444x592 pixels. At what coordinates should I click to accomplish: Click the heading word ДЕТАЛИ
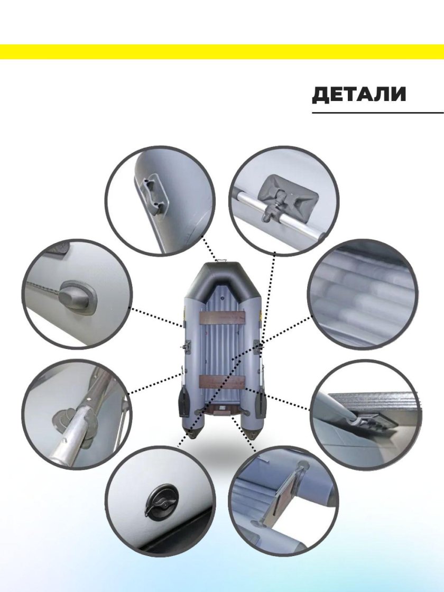[359, 95]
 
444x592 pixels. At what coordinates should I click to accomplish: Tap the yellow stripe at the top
[222, 52]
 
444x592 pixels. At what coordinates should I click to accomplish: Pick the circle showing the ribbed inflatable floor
[363, 295]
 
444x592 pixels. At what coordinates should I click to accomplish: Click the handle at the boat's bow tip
[221, 261]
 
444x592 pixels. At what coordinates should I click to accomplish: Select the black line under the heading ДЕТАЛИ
[378, 113]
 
